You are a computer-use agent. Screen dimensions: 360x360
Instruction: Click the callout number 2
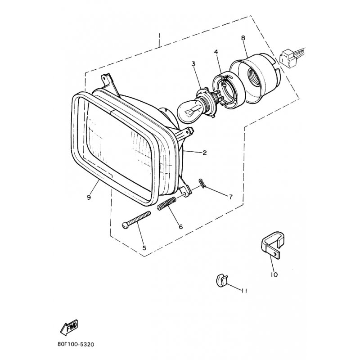click(205, 153)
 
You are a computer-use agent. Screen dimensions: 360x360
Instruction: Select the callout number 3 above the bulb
click(193, 64)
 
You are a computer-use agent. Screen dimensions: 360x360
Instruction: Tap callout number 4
click(216, 52)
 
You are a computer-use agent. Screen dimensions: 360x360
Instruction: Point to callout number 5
click(144, 248)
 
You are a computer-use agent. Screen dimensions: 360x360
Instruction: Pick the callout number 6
click(181, 227)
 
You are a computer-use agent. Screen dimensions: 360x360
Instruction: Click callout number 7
click(230, 197)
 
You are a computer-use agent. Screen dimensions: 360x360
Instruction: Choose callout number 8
click(243, 38)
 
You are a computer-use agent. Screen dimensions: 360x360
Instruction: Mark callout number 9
click(89, 197)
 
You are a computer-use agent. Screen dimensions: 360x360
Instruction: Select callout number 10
click(274, 274)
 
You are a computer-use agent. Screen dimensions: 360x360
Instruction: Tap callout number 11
click(244, 291)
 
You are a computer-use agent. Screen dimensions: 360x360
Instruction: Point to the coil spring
click(167, 203)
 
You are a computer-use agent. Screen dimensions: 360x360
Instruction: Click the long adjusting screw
click(137, 220)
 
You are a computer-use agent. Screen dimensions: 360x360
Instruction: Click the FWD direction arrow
click(69, 327)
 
